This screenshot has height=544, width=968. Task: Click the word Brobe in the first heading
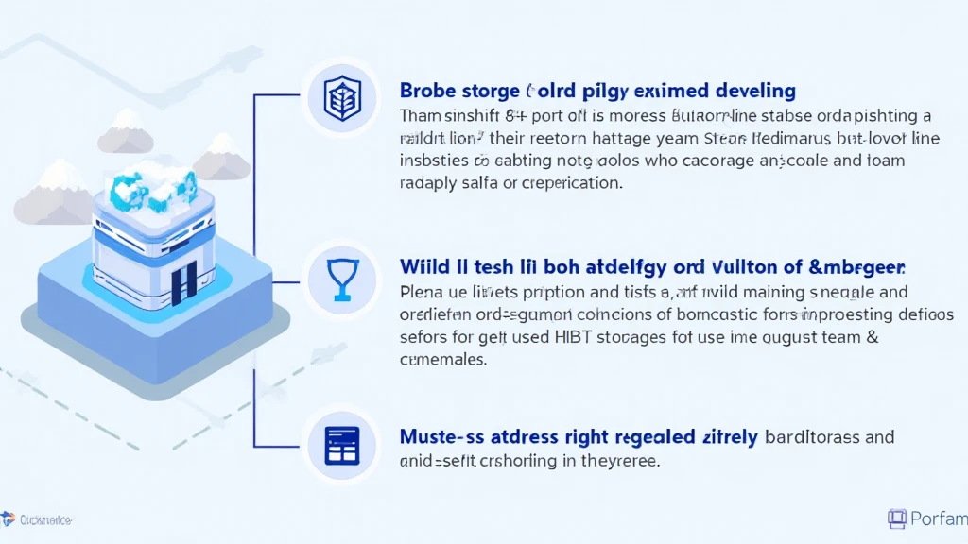[x=428, y=92]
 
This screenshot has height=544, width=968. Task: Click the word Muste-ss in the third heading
[x=438, y=437]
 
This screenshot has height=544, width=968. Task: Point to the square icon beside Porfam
[x=897, y=518]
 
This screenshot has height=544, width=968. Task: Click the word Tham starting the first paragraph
[x=421, y=116]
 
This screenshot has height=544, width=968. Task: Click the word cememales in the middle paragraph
[x=443, y=360]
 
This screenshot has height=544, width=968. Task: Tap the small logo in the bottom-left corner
[x=9, y=518]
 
